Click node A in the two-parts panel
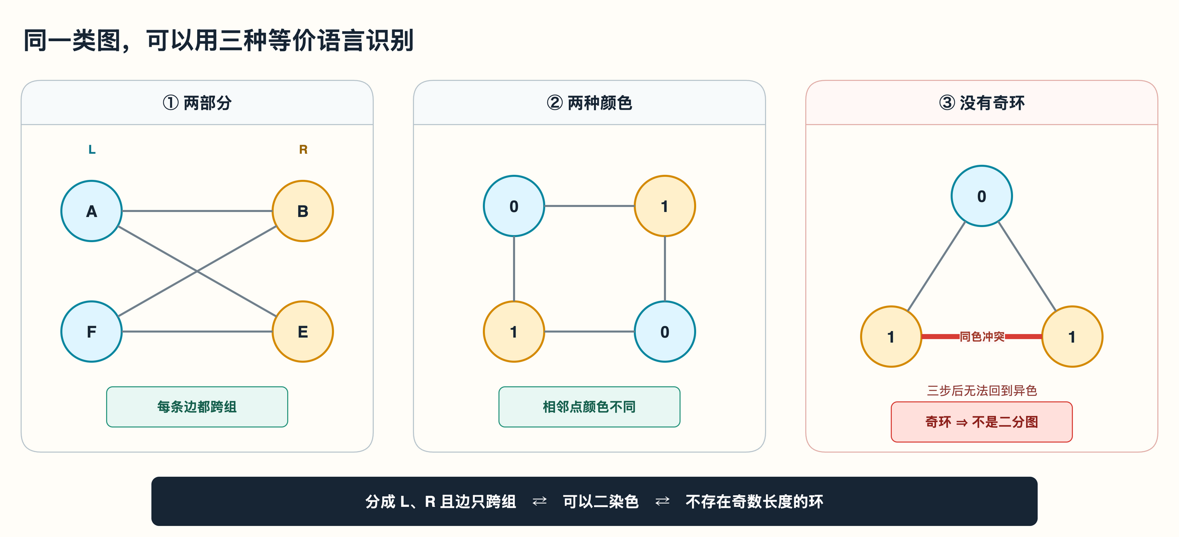point(92,211)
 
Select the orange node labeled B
point(303,211)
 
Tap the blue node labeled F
point(92,332)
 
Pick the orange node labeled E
point(303,332)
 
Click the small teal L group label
point(92,150)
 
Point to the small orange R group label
point(303,150)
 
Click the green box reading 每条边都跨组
point(197,407)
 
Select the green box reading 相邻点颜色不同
point(589,407)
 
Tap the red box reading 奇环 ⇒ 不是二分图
point(982,422)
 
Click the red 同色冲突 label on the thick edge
point(982,337)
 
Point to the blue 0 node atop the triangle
point(982,196)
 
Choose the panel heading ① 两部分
point(197,103)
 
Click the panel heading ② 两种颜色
point(589,103)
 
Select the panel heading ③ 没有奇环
point(982,103)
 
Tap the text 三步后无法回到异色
point(982,391)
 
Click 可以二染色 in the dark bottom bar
point(601,501)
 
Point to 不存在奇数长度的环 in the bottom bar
point(754,501)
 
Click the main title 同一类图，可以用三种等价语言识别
point(219,40)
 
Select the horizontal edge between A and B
point(197,211)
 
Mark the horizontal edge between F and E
point(197,332)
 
